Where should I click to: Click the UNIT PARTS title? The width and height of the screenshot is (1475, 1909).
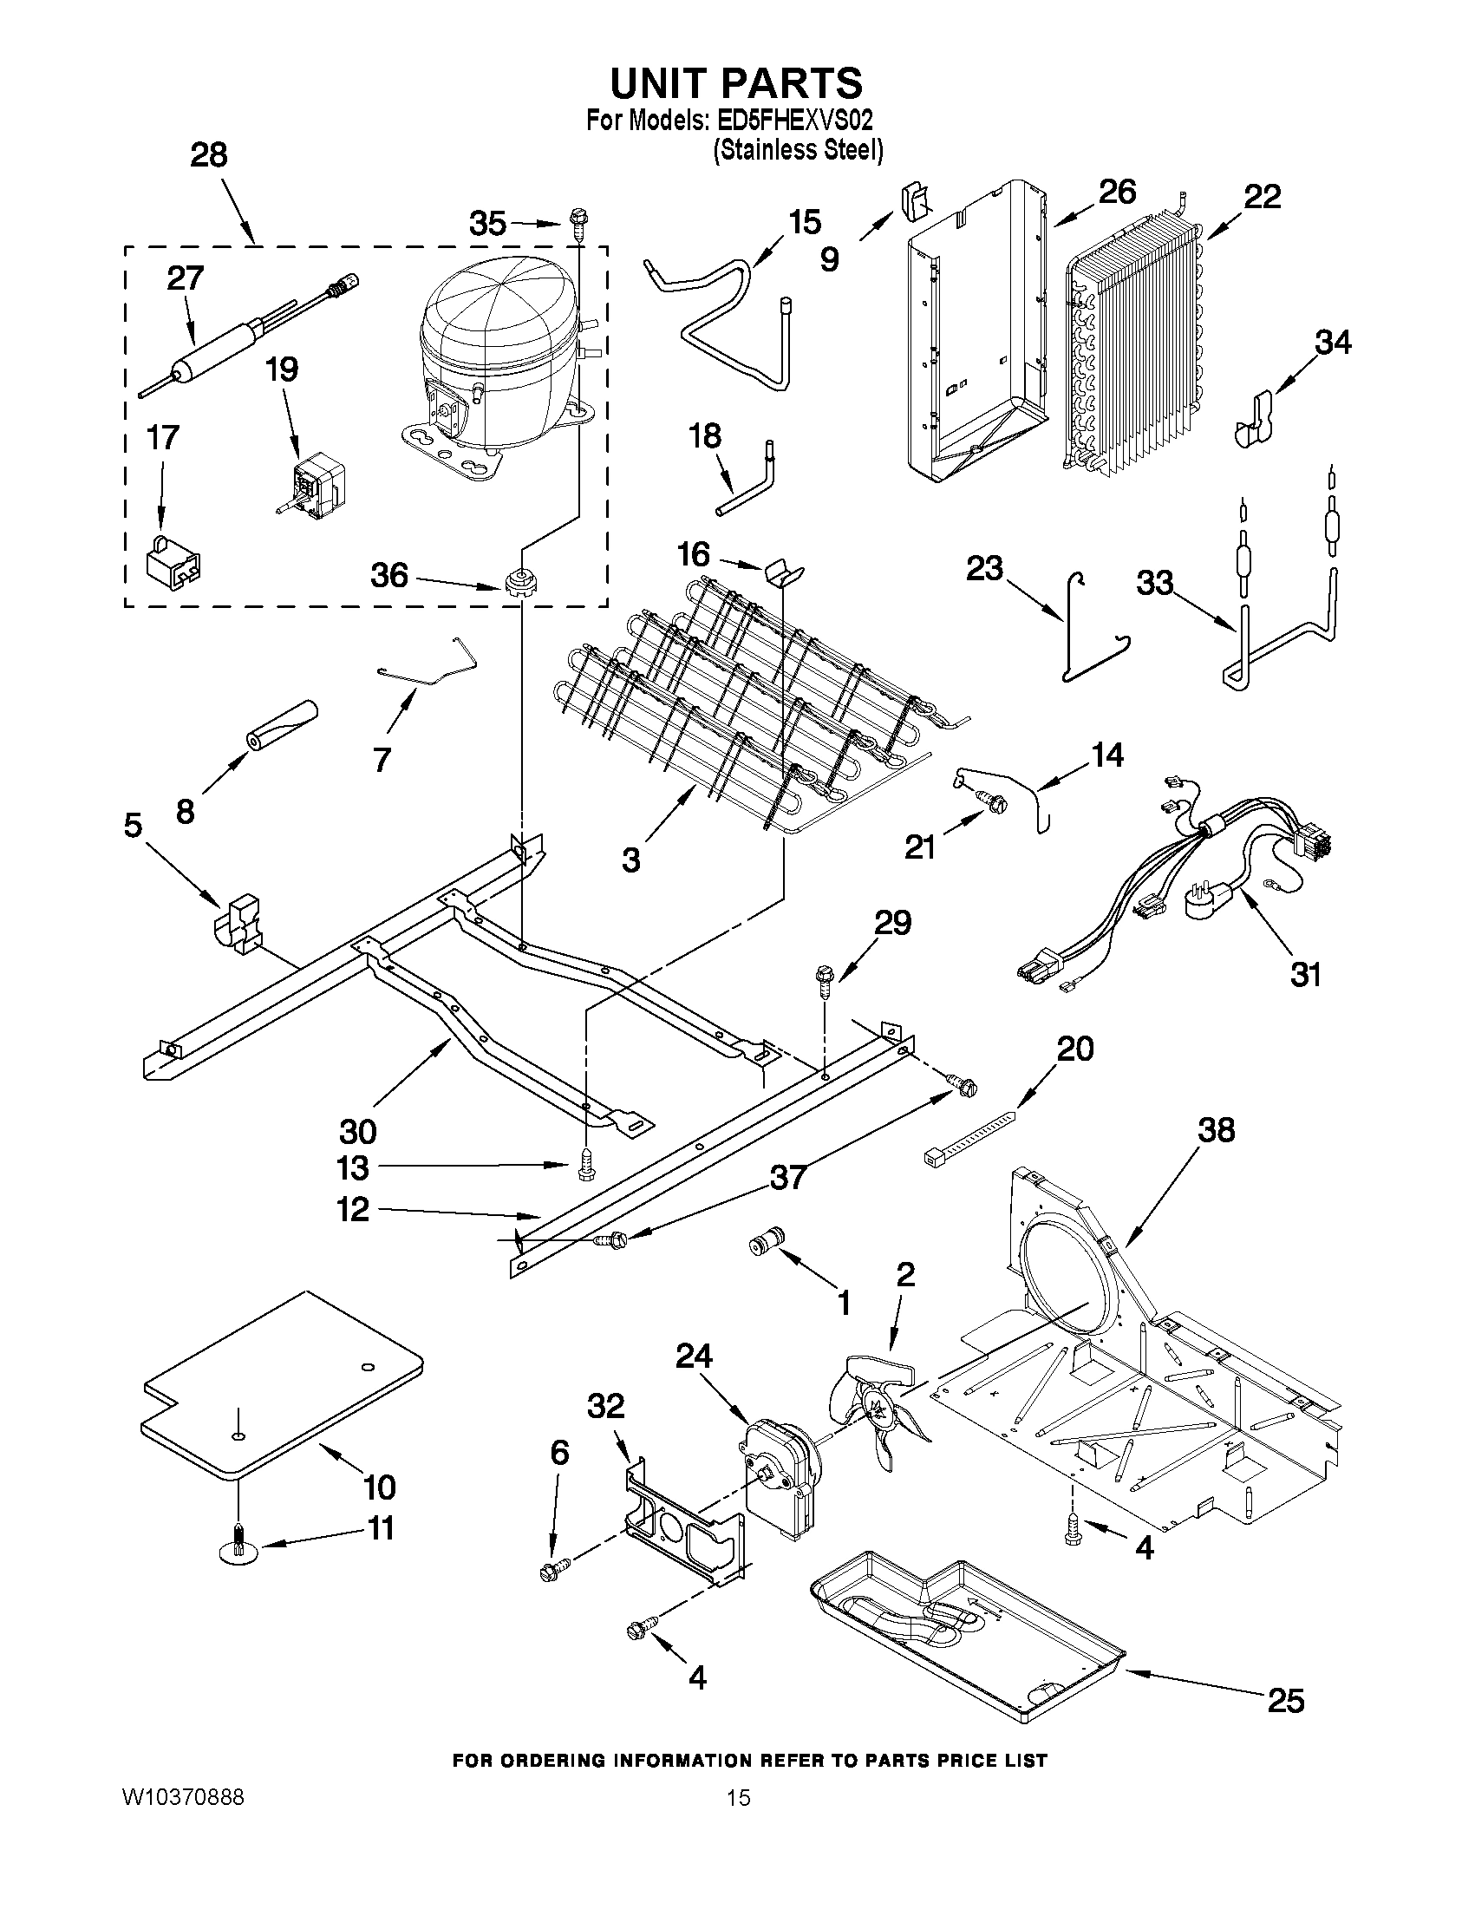tap(735, 83)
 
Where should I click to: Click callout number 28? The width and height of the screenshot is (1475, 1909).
tap(209, 155)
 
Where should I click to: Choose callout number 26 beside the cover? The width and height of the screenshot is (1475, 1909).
tap(1117, 193)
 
